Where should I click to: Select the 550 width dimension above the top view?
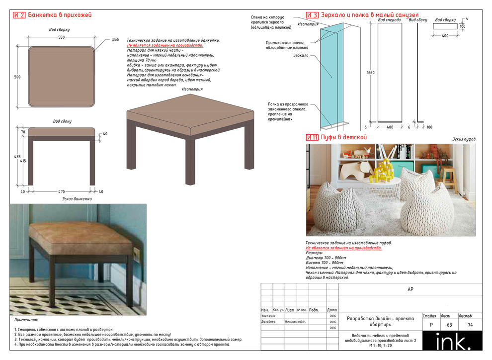click(61, 38)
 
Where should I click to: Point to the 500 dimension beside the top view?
click(17, 77)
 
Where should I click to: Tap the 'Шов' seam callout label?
click(116, 39)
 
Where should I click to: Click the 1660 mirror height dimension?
click(370, 73)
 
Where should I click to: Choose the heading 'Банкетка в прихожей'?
click(60, 15)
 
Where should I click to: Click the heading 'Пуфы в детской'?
click(343, 137)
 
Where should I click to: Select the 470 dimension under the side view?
click(62, 191)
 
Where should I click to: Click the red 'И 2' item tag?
click(19, 15)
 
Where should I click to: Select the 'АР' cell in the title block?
click(410, 289)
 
